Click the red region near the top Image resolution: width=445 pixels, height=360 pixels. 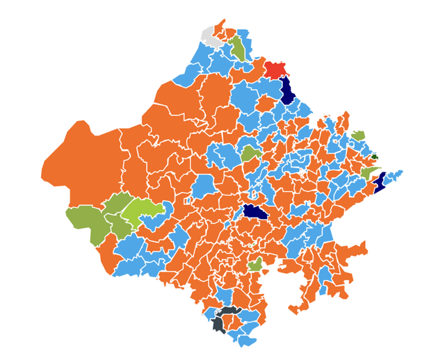click(x=274, y=69)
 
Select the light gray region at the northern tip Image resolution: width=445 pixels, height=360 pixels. click(x=210, y=36)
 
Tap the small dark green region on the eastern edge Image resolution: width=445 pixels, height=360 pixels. click(x=375, y=157)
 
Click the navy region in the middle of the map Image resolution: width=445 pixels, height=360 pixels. click(x=254, y=212)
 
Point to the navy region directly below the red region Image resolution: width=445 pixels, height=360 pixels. click(x=286, y=91)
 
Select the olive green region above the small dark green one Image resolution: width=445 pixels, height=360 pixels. click(x=358, y=135)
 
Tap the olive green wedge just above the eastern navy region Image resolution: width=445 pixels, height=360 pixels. click(x=369, y=172)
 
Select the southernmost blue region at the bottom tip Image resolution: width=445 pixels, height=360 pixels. click(x=246, y=341)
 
